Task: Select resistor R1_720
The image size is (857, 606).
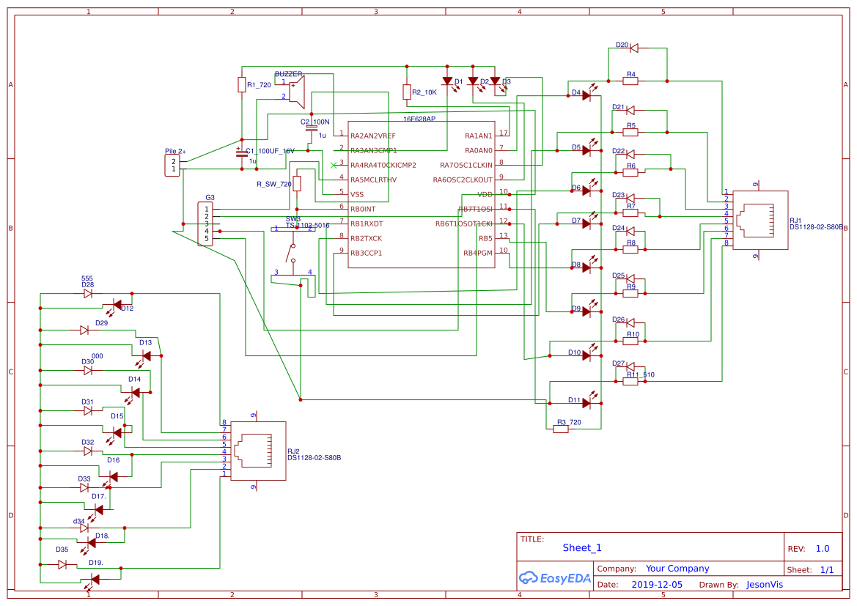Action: (x=241, y=85)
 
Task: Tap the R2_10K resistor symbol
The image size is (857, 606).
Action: (x=406, y=92)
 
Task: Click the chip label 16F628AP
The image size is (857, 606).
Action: (x=419, y=118)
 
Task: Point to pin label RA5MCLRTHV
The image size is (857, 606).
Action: (x=373, y=180)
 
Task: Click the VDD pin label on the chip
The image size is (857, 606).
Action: (x=485, y=194)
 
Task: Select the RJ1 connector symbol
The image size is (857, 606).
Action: (x=760, y=220)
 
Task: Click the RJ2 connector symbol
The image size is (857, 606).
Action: (x=258, y=451)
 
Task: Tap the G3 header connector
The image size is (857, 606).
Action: (x=205, y=223)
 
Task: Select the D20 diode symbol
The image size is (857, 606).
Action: (x=634, y=48)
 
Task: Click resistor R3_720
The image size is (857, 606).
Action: (x=561, y=429)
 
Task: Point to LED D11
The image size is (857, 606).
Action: (x=586, y=401)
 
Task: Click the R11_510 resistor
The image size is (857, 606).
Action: (x=630, y=381)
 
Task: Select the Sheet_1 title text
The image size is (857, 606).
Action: (x=582, y=547)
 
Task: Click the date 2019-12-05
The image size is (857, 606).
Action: (x=656, y=585)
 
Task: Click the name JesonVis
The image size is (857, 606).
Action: (x=765, y=585)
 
